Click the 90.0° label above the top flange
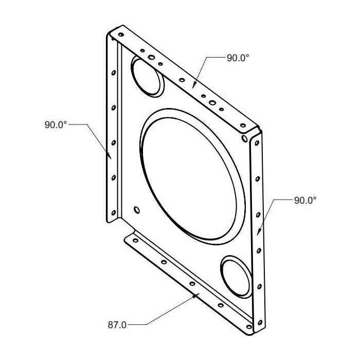(x=238, y=58)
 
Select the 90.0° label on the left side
(x=56, y=124)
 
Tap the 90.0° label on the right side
(x=305, y=201)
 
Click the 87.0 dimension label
(x=117, y=325)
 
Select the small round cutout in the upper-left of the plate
(x=147, y=76)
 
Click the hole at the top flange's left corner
(x=121, y=35)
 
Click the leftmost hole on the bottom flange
(x=135, y=241)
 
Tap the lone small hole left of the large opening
(x=136, y=209)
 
